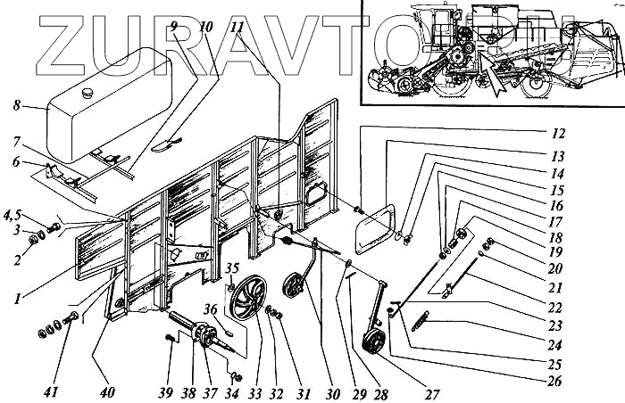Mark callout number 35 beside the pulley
click(231, 268)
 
